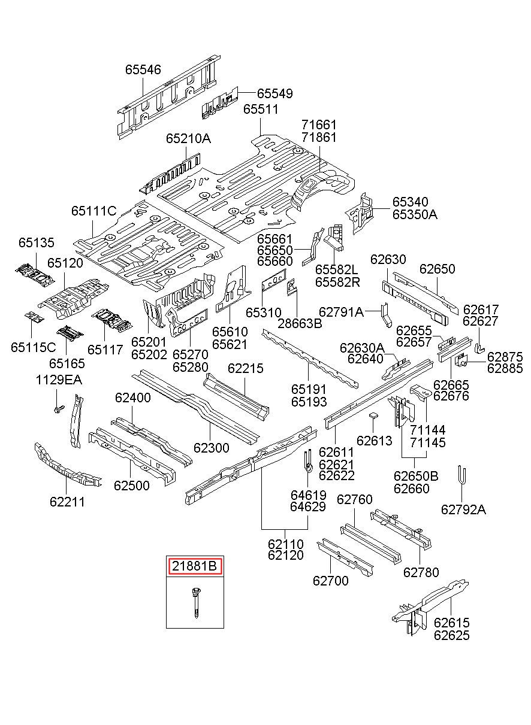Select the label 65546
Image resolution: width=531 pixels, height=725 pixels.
point(143,69)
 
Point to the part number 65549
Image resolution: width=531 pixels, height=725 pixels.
point(274,93)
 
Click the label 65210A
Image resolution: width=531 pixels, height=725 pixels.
point(189,138)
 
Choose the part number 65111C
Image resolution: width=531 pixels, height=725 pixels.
point(93,211)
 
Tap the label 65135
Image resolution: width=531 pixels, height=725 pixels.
point(37,242)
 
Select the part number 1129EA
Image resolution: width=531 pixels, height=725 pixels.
point(59,380)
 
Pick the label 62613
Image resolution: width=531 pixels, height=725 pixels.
point(374,440)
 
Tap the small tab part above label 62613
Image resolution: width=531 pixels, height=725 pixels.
point(373,415)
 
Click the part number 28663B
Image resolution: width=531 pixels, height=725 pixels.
point(300,323)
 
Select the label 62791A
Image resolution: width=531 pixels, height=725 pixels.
point(342,312)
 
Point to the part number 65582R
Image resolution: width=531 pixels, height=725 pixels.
point(337,282)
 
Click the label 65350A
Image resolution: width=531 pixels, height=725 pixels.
point(415,214)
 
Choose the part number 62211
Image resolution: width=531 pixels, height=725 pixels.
point(67,501)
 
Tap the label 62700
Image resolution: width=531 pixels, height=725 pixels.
point(330,581)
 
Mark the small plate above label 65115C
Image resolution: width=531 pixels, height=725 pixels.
point(34,317)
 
